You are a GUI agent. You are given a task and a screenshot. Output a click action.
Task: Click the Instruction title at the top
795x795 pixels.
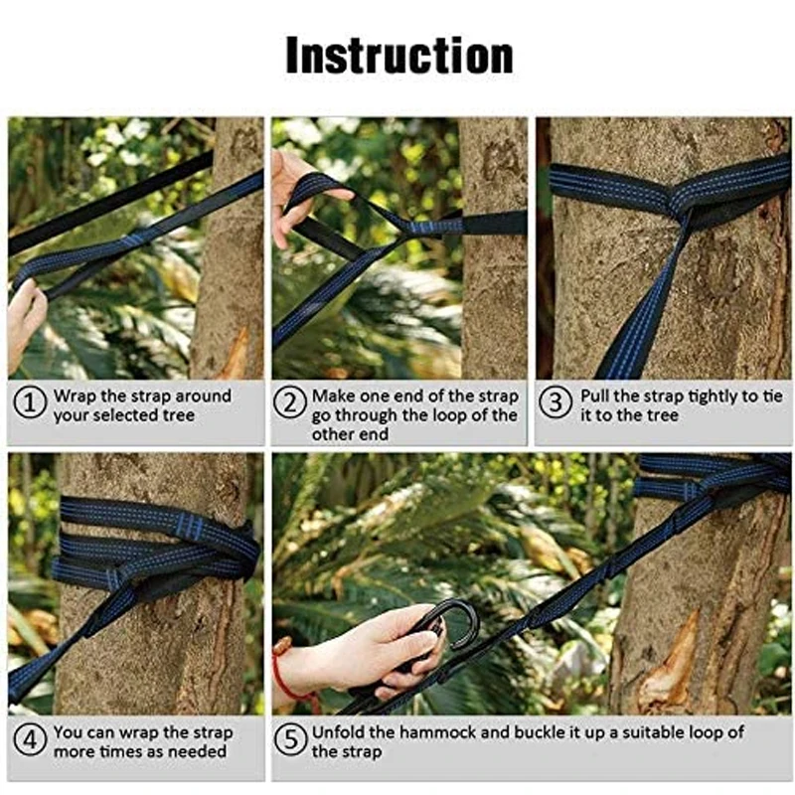(x=399, y=56)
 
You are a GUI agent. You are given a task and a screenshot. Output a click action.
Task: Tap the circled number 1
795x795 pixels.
(x=30, y=403)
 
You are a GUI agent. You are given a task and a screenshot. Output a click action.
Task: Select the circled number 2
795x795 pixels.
(x=290, y=403)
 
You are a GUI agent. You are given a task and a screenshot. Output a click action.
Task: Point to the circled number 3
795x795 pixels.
(x=556, y=403)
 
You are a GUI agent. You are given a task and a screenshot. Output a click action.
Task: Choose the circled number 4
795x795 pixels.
(x=30, y=739)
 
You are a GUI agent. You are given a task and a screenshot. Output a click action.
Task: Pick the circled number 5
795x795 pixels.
(x=290, y=739)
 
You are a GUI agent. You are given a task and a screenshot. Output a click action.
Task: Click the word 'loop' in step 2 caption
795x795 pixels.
(x=447, y=416)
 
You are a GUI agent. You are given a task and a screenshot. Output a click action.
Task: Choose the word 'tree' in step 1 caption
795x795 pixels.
(x=179, y=415)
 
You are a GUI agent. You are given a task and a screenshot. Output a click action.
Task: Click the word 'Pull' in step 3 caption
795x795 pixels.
(x=594, y=396)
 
